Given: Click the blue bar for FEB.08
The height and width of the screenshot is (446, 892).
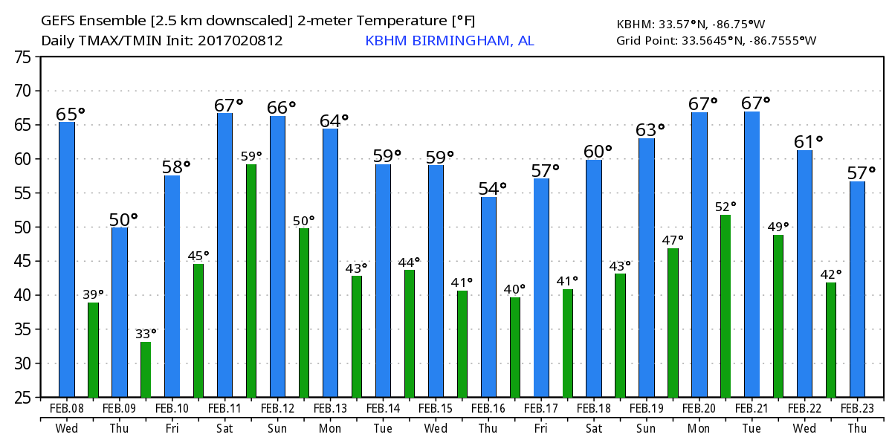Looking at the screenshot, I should (x=67, y=259).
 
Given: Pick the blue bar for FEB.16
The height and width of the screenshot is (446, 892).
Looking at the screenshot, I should (x=488, y=297).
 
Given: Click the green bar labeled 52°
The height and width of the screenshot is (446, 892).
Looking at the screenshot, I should (x=725, y=306).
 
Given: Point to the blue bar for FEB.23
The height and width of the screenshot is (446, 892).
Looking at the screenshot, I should (x=857, y=289).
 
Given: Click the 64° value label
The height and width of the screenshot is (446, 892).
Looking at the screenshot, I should (x=334, y=120).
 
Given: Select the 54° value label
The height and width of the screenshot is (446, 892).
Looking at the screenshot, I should (x=492, y=189).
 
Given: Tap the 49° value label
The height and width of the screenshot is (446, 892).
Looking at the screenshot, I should (x=778, y=227).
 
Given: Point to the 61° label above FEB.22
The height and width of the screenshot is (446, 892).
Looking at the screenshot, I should (x=809, y=141).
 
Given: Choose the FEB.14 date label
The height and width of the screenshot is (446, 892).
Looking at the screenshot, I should (x=384, y=409).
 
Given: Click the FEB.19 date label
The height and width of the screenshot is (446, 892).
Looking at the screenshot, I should (x=647, y=409).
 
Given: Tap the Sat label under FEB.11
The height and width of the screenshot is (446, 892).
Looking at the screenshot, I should (x=225, y=428).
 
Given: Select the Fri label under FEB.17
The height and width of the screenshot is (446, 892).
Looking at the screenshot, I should (x=541, y=428).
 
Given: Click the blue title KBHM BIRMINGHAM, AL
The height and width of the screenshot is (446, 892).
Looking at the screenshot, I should (x=449, y=41).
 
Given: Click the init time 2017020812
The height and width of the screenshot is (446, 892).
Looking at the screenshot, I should (x=240, y=41).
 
